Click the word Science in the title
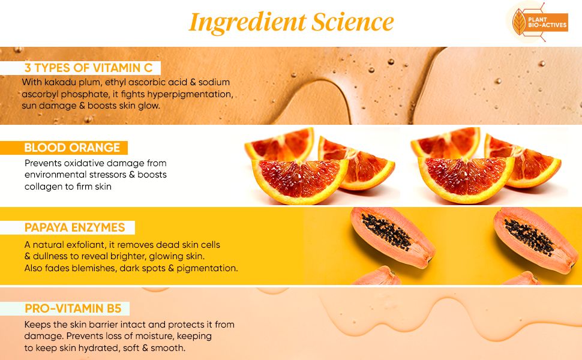coord(353,22)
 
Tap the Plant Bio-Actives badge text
coord(547,22)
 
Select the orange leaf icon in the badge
coord(519,22)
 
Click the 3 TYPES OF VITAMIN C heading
coord(88,68)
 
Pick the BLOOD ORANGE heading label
coord(72,148)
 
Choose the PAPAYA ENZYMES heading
coord(74,227)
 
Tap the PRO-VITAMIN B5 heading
coord(73,308)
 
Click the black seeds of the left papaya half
coord(386,232)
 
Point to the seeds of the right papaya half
coord(529,237)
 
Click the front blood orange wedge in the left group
coord(300,181)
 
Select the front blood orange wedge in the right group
coord(466,179)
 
